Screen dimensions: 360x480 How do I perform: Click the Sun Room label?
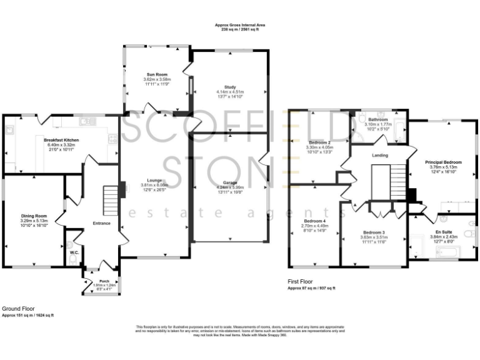[x=157, y=74]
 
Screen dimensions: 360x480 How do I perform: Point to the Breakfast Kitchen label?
[x=61, y=140]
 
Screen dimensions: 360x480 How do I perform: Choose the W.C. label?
[x=73, y=252]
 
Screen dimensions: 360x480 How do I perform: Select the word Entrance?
[x=101, y=222]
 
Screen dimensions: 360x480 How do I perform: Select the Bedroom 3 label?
[x=374, y=232]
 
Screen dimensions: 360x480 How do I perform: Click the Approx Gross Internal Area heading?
[x=240, y=24]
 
